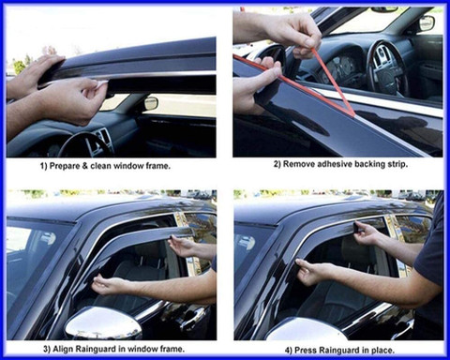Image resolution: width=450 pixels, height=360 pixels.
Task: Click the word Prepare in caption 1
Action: click(65, 166)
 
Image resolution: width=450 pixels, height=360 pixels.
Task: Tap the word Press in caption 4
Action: click(304, 351)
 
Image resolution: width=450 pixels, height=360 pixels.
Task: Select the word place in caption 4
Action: click(382, 351)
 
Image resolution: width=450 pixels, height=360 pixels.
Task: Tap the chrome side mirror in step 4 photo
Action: click(307, 330)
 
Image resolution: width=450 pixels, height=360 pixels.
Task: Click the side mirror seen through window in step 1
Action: click(151, 103)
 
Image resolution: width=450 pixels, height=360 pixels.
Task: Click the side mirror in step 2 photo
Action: click(427, 22)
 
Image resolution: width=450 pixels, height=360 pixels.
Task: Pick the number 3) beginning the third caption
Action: click(47, 350)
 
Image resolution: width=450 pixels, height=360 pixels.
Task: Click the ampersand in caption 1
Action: click(85, 166)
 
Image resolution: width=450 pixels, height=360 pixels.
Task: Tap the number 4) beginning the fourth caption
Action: click(288, 351)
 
